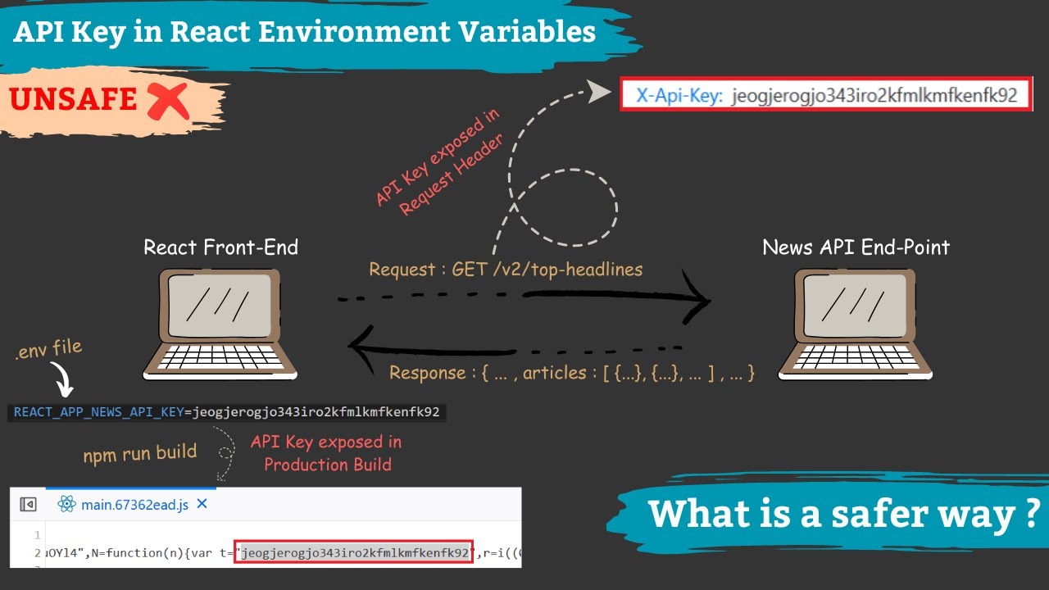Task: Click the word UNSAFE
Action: point(73,99)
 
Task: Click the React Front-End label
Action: point(220,247)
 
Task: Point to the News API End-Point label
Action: point(856,247)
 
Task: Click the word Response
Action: point(427,373)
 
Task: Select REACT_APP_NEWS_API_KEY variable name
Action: point(98,411)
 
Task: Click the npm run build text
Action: point(140,452)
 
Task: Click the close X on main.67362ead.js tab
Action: point(202,505)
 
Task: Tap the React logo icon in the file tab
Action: point(66,505)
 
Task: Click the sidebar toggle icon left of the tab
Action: point(28,505)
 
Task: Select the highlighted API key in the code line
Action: point(353,552)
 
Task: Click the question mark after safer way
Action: point(1031,514)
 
